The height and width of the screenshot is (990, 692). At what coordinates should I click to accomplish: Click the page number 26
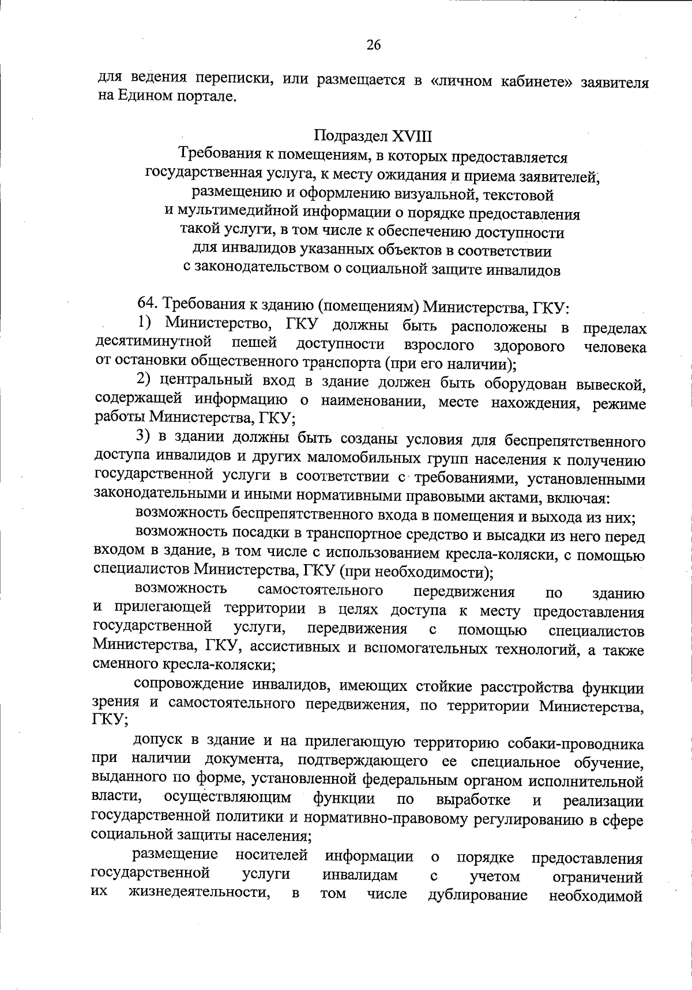[x=374, y=45]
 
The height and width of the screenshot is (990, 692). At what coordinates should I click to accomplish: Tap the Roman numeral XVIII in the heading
[x=412, y=137]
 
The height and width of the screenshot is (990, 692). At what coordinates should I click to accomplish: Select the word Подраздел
[x=351, y=137]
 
